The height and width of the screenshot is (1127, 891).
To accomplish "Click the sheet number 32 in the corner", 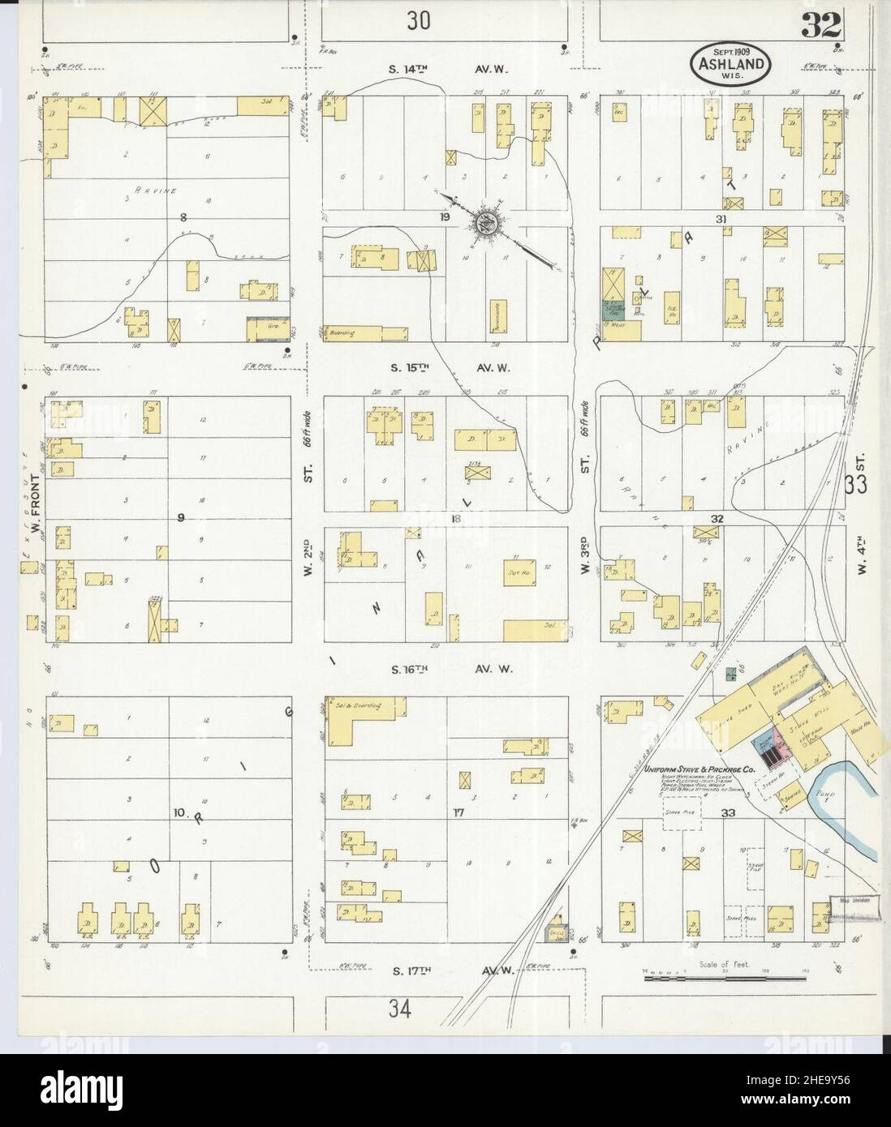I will (821, 28).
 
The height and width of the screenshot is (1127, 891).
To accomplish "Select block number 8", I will (183, 216).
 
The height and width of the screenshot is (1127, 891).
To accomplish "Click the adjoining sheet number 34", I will (399, 1009).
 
